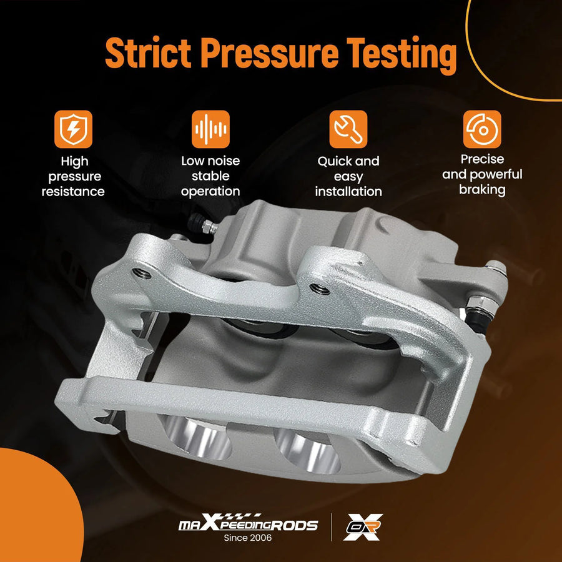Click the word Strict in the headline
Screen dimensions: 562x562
point(147,52)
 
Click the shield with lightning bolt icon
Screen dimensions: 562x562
point(74,129)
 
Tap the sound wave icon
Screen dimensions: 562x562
point(211,129)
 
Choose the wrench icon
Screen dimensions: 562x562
point(348,129)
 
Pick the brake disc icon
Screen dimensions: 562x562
point(482,129)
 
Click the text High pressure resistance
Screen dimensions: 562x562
point(74,176)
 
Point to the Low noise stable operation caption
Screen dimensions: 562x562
point(211,176)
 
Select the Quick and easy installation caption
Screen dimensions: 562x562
point(348,176)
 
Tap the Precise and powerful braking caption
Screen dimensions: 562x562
point(482,174)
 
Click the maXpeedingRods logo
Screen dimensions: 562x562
point(248,523)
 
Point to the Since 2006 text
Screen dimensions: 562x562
point(248,538)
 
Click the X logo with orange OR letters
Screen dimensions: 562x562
point(363,527)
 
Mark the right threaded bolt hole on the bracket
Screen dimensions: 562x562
point(319,289)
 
